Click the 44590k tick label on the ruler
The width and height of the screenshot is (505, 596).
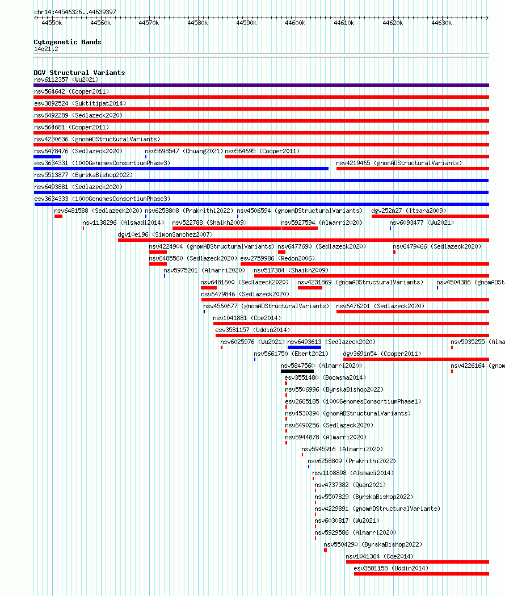(246, 23)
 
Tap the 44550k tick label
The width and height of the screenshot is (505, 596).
(52, 23)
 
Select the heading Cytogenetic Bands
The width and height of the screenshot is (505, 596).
(68, 42)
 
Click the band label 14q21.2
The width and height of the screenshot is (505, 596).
(46, 49)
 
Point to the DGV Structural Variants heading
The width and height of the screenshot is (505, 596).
(79, 73)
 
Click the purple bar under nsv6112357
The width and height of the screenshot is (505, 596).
(261, 85)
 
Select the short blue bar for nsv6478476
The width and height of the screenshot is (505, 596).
(47, 157)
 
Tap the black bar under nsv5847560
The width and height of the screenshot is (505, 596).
(297, 371)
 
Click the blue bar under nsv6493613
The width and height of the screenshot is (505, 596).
(304, 347)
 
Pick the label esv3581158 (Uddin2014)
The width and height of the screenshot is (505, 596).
(391, 568)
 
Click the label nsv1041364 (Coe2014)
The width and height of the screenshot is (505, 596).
(380, 556)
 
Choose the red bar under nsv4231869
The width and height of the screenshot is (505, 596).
(310, 288)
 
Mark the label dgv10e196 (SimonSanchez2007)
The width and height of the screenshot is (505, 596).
(165, 234)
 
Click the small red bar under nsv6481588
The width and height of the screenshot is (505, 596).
(58, 216)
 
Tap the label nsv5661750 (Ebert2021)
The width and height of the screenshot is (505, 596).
(291, 354)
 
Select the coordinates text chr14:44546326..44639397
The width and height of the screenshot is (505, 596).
(75, 12)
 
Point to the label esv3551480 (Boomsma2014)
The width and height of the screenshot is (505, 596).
(325, 377)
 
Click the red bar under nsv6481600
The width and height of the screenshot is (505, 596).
(209, 288)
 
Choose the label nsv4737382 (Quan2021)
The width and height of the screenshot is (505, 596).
(350, 485)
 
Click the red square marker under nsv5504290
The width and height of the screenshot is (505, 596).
(325, 550)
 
